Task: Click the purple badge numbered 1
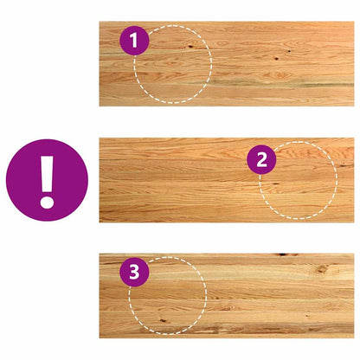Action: click(x=134, y=41)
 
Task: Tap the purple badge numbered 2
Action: click(x=261, y=159)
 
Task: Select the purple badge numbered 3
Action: click(x=134, y=272)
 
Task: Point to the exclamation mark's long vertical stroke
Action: click(x=47, y=174)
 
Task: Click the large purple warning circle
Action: click(x=47, y=180)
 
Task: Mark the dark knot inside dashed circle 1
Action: click(x=190, y=45)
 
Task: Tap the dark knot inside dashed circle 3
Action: click(x=162, y=319)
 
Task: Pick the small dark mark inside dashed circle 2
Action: click(x=275, y=183)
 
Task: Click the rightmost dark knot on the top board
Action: click(x=289, y=51)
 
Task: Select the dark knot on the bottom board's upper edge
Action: click(x=286, y=254)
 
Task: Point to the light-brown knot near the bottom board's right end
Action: click(x=322, y=269)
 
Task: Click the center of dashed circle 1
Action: click(x=173, y=64)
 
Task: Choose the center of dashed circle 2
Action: click(x=298, y=180)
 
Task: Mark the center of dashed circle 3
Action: click(x=168, y=296)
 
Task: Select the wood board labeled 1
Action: click(x=227, y=64)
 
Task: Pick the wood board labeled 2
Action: click(x=227, y=180)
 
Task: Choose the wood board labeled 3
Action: click(x=227, y=296)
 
